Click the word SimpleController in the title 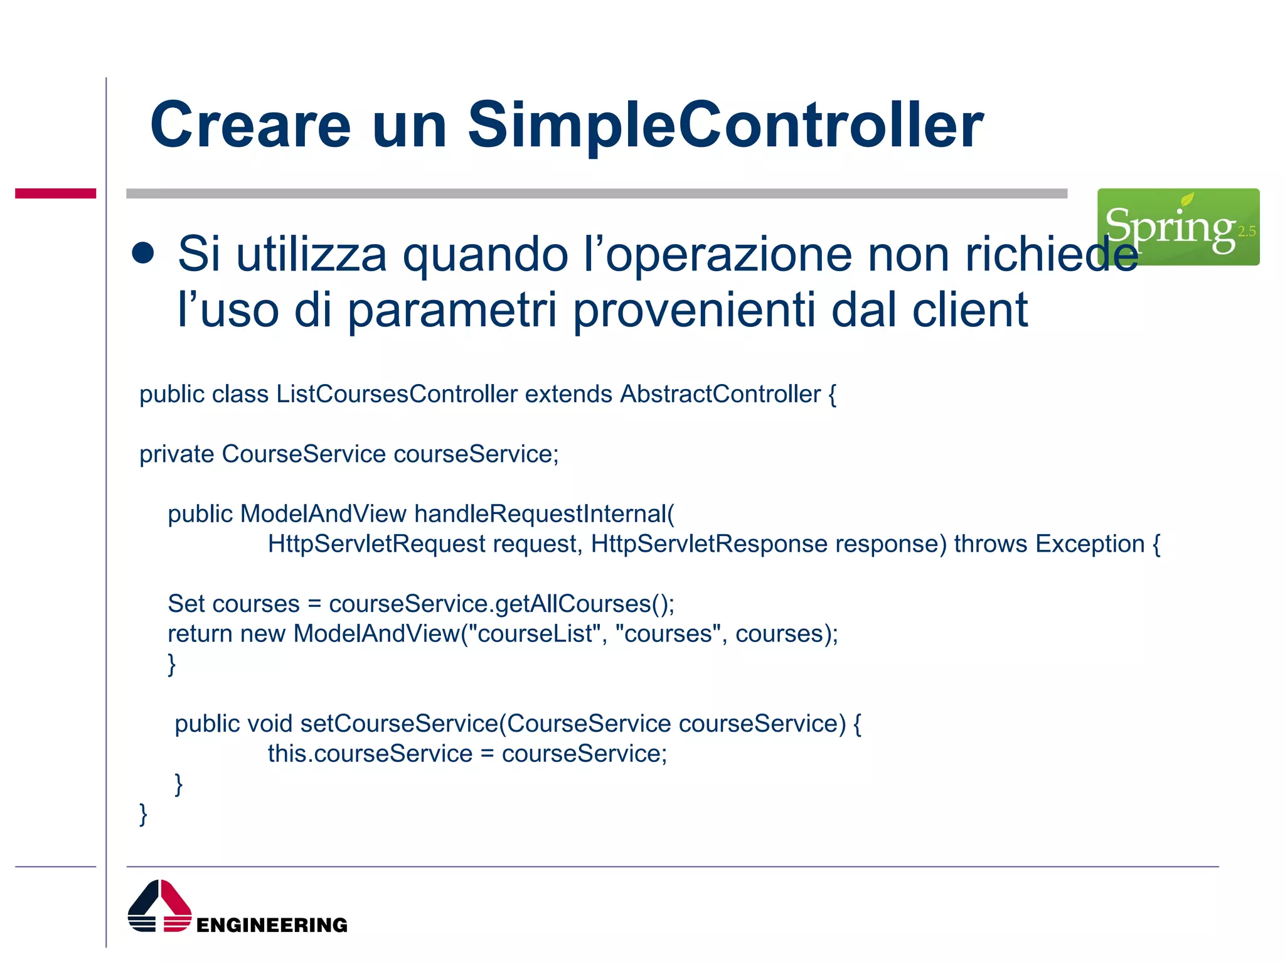[x=725, y=126]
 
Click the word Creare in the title [x=250, y=126]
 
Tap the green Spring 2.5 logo [x=1178, y=227]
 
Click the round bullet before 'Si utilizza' [x=143, y=253]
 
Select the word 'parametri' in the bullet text [x=452, y=310]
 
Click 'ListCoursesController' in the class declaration [x=397, y=394]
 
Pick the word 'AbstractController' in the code [x=720, y=394]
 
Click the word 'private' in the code [x=176, y=454]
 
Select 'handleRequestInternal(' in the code [x=544, y=514]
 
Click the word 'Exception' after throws [x=1090, y=544]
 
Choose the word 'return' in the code [x=200, y=634]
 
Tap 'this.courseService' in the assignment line [x=370, y=754]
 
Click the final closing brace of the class [x=143, y=814]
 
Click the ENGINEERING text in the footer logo [x=271, y=925]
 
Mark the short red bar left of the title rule [x=55, y=193]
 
